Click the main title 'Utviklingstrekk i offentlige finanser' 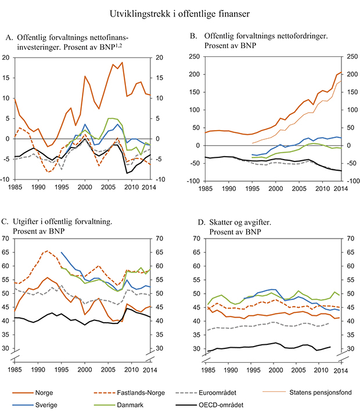pyautogui.click(x=179, y=11)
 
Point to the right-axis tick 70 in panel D pyautogui.click(x=350, y=238)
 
